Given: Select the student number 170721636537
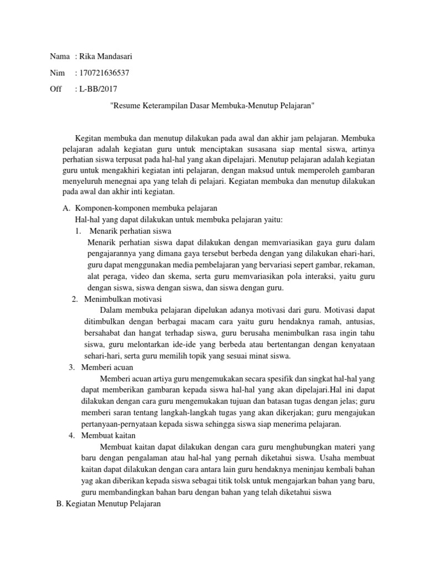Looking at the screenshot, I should [x=105, y=73].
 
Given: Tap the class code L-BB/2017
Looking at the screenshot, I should [x=99, y=89].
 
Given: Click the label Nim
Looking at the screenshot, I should [x=56, y=73].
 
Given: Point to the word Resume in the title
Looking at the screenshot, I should [x=127, y=105].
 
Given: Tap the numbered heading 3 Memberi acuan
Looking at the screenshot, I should [x=108, y=367].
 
